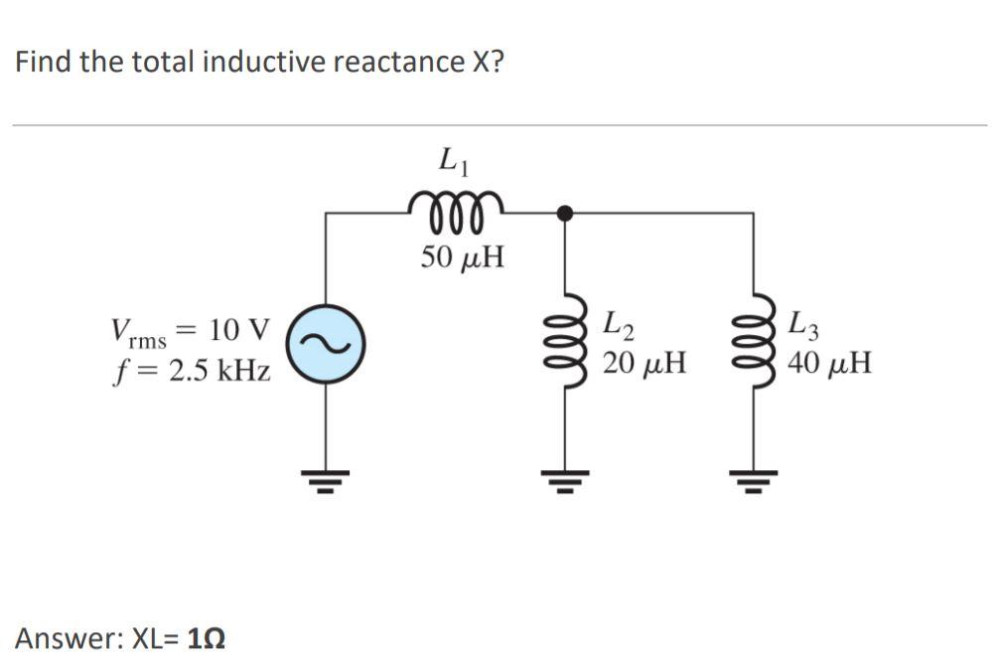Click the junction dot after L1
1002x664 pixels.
[564, 212]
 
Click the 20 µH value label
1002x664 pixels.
[645, 363]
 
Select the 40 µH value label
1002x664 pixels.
[830, 363]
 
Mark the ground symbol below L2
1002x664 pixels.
[565, 484]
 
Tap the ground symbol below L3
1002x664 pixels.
[750, 484]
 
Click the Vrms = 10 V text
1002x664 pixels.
[190, 331]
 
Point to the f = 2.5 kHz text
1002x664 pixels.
[190, 371]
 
